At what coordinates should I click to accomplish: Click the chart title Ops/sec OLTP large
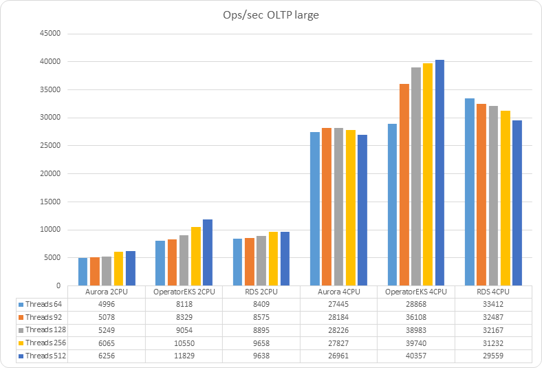click(270, 15)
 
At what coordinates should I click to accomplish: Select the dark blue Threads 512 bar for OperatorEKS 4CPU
click(440, 173)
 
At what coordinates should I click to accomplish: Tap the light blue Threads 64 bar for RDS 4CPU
click(469, 192)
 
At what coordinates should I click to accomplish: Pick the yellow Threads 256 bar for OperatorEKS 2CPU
click(195, 256)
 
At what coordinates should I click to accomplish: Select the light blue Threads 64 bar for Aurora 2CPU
click(83, 272)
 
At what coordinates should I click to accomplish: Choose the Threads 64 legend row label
click(43, 304)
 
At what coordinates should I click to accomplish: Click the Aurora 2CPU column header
click(107, 292)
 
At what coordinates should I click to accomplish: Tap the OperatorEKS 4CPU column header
click(415, 292)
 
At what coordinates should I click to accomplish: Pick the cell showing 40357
click(415, 356)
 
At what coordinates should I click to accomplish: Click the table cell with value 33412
click(493, 304)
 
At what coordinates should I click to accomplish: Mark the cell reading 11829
click(184, 356)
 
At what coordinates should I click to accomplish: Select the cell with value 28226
click(338, 329)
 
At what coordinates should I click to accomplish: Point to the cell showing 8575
click(261, 317)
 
